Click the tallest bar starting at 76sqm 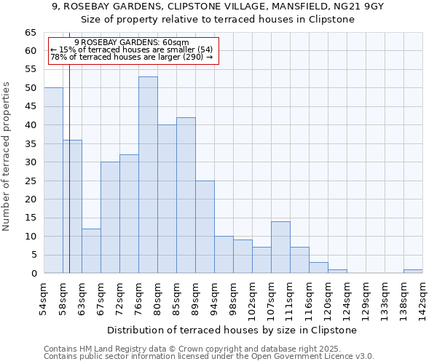[x=148, y=175]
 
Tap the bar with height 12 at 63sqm [x=91, y=251]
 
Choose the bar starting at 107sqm [x=280, y=248]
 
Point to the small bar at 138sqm [x=413, y=272]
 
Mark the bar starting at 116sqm [x=318, y=268]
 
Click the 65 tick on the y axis [x=31, y=33]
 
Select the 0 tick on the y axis [x=34, y=274]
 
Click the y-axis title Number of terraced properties [x=7, y=157]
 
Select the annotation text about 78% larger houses [x=132, y=57]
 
